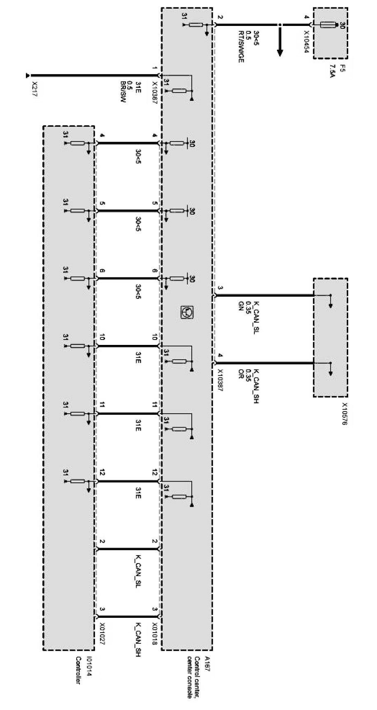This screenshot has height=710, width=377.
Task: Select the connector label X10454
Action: point(306,38)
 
